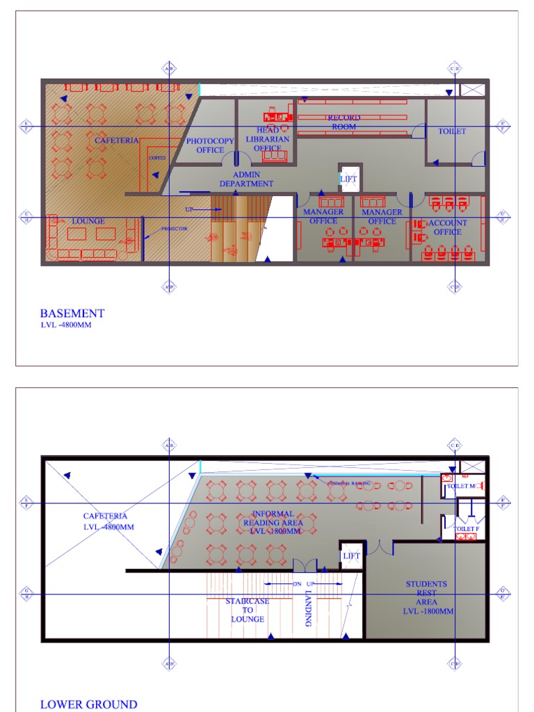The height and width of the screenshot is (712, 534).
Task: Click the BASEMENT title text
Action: [72, 314]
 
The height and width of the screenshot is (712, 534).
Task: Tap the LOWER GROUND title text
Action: [88, 704]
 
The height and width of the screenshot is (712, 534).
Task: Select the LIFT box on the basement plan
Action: [349, 179]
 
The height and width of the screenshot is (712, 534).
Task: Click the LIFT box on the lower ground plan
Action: [351, 556]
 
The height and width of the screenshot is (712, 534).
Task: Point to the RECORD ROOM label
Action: [344, 122]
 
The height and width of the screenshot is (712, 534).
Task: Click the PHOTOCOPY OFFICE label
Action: [211, 145]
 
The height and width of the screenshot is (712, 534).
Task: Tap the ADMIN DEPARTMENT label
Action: [246, 179]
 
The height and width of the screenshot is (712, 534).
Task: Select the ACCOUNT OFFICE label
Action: [448, 227]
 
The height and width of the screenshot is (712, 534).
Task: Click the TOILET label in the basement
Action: [452, 131]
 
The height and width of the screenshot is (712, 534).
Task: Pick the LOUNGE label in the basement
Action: [88, 221]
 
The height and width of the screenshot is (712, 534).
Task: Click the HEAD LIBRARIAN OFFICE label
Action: [268, 139]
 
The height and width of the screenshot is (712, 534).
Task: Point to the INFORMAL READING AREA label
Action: [273, 522]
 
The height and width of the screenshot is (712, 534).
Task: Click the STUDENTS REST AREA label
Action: [427, 598]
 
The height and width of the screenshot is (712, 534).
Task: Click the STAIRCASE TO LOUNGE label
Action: [248, 610]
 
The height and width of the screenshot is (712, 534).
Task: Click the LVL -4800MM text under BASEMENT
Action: [65, 325]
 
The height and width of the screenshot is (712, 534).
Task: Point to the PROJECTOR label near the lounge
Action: [175, 229]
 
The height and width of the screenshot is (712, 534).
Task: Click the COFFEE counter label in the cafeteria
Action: [157, 158]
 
